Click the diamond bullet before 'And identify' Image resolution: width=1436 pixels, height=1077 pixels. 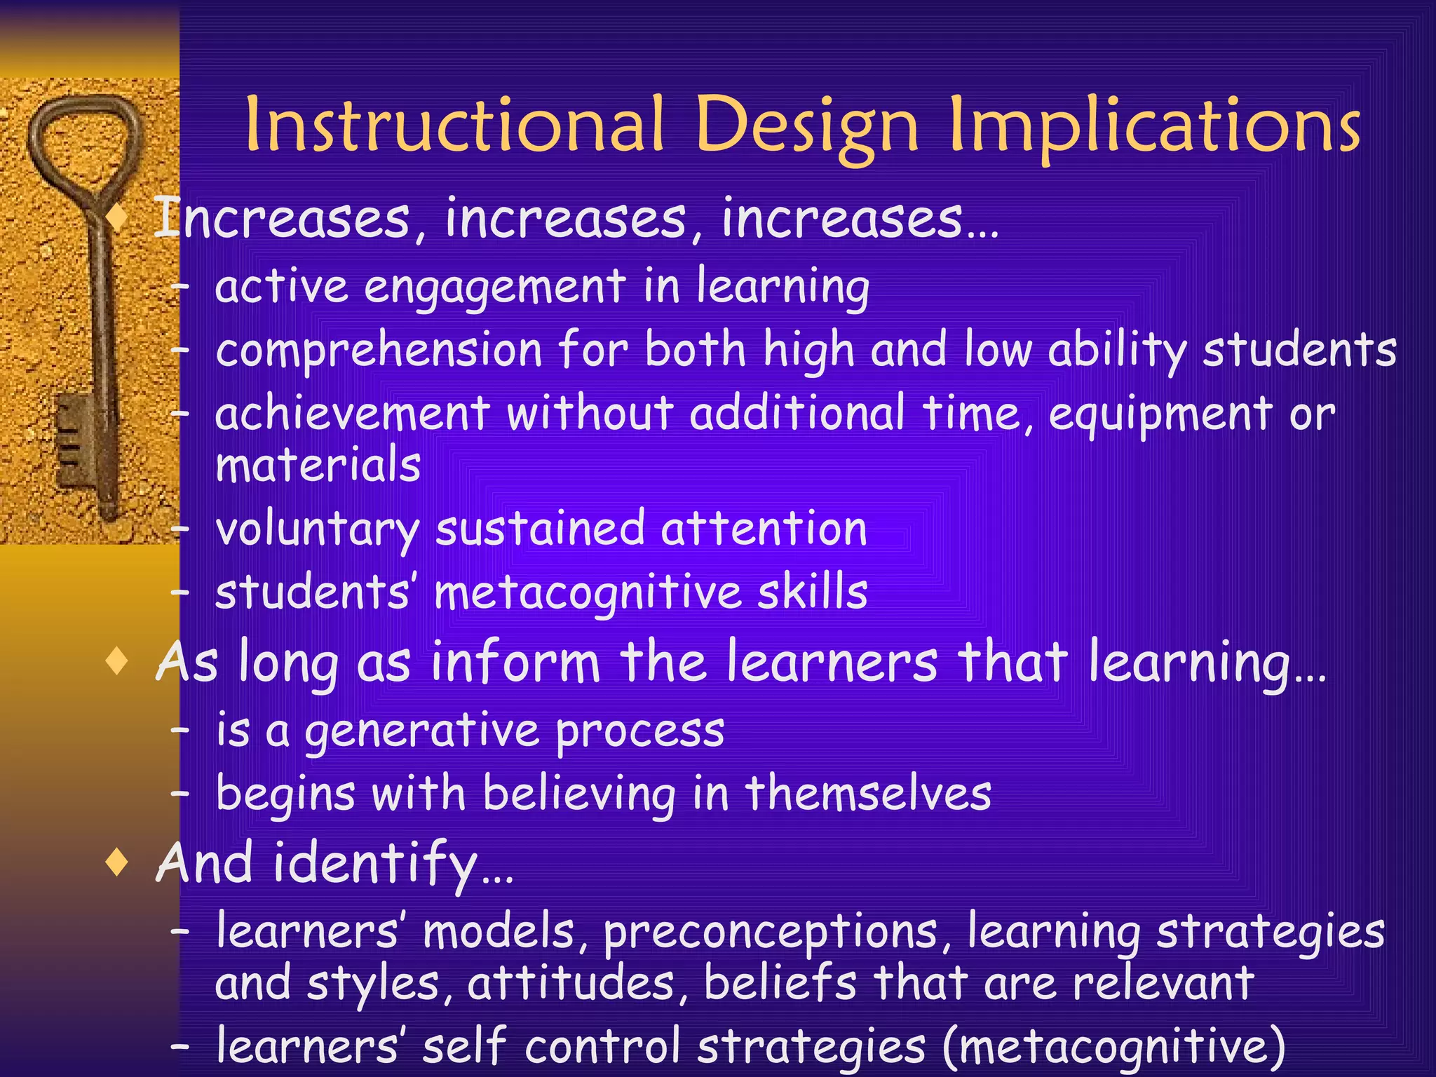pyautogui.click(x=117, y=863)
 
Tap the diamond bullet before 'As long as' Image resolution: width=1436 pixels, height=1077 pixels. pyautogui.click(x=117, y=661)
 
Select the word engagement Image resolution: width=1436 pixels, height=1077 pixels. pyautogui.click(x=494, y=287)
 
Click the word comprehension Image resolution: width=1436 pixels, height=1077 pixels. pyautogui.click(x=379, y=351)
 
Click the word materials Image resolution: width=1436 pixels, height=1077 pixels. pyautogui.click(x=318, y=465)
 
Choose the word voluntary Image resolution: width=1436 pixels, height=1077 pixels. pyautogui.click(x=317, y=529)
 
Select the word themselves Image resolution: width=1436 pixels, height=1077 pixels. pyautogui.click(x=868, y=794)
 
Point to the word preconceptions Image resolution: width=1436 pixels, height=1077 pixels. pyautogui.click(x=770, y=933)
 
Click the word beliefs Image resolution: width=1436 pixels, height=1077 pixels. pyautogui.click(x=780, y=983)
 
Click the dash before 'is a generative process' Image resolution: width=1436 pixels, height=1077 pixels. pyautogui.click(x=180, y=731)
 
